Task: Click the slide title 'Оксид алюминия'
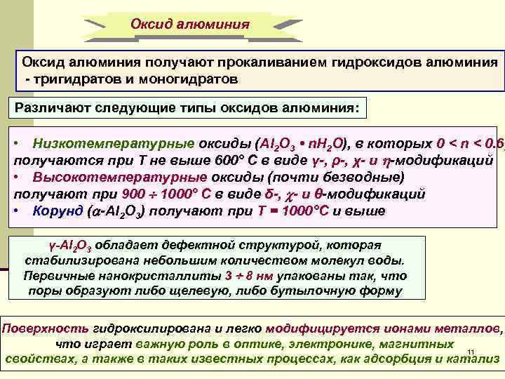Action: (x=190, y=24)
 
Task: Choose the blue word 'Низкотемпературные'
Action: (x=113, y=144)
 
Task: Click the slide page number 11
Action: (x=471, y=351)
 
